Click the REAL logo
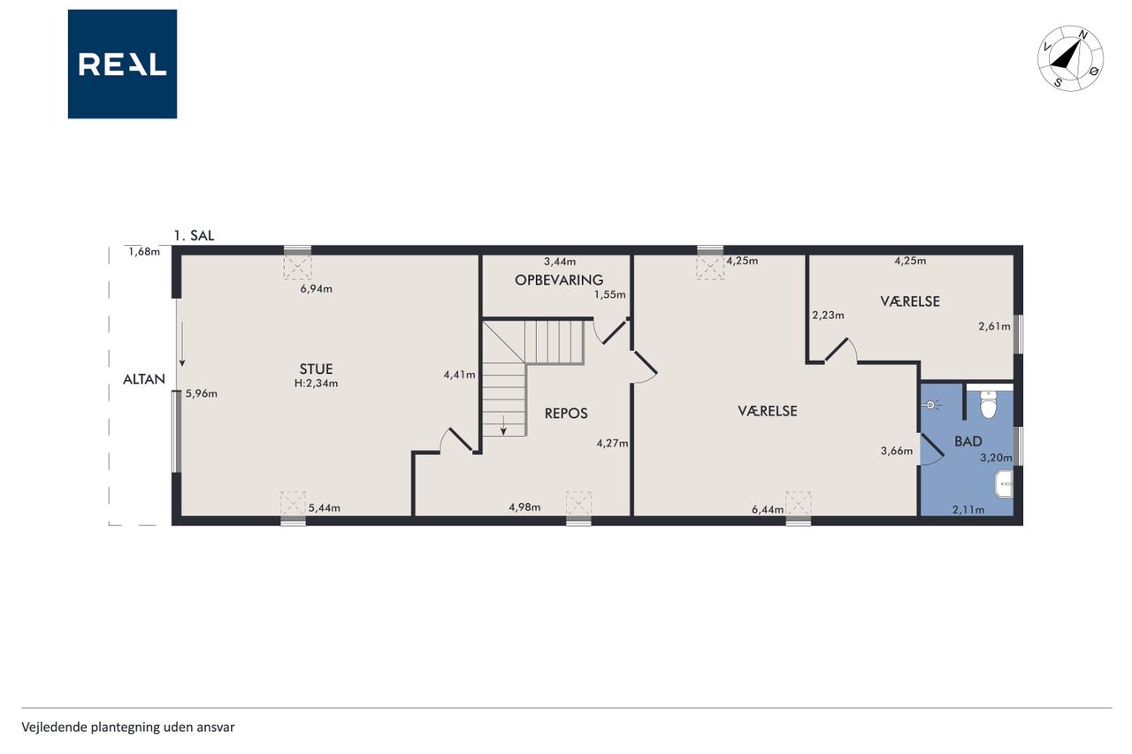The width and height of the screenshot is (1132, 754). pos(122,65)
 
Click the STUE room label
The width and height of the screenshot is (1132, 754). pos(316,369)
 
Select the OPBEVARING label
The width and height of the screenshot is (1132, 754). pos(559,280)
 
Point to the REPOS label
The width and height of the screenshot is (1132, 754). pos(566,414)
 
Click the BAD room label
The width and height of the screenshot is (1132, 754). pos(968,441)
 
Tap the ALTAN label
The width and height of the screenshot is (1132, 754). pos(144,379)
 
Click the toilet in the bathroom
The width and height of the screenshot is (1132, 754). pos(989,405)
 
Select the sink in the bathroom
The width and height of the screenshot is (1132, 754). pos(1005,484)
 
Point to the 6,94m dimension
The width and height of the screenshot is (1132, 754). pos(316,289)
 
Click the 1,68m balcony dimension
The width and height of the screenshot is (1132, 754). pos(144,252)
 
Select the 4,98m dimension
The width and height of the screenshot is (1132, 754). pos(524,507)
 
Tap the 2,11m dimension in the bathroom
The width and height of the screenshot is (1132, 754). pos(968,509)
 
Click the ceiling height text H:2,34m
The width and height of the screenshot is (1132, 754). pos(316,384)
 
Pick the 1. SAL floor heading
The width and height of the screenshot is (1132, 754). pos(194,235)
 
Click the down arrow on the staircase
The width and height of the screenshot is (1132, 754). pos(503,425)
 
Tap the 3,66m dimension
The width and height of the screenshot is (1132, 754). pos(897,451)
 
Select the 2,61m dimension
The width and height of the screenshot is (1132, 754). pos(995,326)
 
